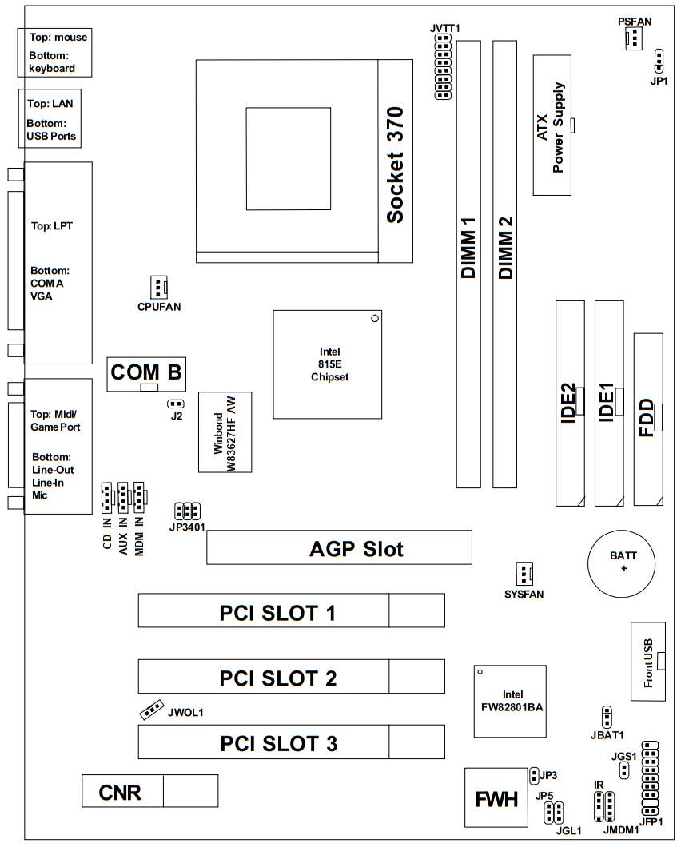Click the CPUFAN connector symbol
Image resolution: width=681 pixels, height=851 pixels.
click(158, 287)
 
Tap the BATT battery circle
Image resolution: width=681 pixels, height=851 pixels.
click(621, 564)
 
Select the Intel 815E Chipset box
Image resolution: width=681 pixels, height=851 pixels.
click(328, 364)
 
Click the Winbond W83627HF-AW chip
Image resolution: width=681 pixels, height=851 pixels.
click(225, 432)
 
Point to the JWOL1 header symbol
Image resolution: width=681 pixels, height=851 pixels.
click(152, 710)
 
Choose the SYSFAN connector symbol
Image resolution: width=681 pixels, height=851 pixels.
click(524, 574)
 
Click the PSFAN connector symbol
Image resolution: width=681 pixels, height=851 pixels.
click(634, 38)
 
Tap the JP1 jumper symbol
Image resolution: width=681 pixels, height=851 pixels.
click(659, 61)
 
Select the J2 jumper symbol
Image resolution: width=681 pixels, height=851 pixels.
click(175, 404)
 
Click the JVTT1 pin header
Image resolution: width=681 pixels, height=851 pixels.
click(443, 66)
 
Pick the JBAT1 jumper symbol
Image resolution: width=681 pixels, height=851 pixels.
click(607, 717)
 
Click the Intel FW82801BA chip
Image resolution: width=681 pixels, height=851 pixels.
click(510, 702)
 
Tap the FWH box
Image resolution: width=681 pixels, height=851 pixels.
click(496, 797)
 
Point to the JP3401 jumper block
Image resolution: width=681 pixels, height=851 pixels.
click(187, 511)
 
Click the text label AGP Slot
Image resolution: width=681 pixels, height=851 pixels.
click(356, 549)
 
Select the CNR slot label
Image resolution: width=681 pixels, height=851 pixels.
click(120, 793)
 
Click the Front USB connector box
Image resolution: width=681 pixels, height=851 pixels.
click(648, 662)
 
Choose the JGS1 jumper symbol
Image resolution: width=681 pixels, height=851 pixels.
click(624, 769)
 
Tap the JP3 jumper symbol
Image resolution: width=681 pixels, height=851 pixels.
click(534, 776)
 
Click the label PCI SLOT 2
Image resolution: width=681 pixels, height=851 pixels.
click(278, 678)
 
